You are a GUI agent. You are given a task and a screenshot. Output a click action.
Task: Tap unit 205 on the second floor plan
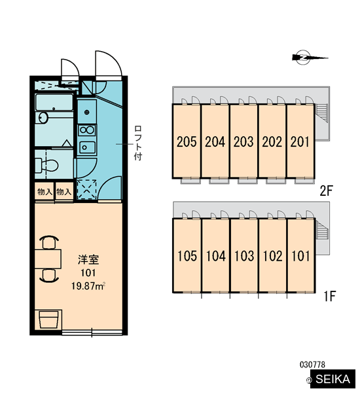tap(187, 141)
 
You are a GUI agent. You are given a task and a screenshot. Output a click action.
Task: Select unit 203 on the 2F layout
tap(243, 141)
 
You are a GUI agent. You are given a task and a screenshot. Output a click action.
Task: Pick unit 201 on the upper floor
tap(300, 141)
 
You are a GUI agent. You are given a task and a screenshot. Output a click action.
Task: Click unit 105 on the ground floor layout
tap(187, 255)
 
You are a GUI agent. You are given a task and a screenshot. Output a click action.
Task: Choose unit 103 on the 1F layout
tap(244, 255)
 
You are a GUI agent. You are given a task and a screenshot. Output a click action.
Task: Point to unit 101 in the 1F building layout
tap(301, 255)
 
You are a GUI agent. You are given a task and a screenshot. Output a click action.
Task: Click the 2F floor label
tap(326, 191)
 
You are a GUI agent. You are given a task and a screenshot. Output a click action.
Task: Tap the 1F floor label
tap(329, 297)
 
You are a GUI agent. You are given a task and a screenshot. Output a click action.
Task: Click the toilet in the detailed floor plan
tap(46, 165)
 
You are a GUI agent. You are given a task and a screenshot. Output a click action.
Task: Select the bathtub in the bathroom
tap(54, 102)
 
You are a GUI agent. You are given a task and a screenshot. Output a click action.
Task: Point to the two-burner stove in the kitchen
tap(86, 130)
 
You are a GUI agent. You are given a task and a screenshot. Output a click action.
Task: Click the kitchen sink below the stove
tap(87, 147)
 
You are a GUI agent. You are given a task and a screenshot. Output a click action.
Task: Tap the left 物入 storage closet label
tap(45, 192)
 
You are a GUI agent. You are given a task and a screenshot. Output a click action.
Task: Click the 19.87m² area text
tap(88, 286)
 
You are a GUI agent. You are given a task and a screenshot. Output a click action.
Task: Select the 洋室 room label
tap(88, 259)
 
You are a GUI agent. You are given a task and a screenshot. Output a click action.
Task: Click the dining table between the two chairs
tap(48, 259)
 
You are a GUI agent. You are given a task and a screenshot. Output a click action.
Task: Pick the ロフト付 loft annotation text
tap(138, 143)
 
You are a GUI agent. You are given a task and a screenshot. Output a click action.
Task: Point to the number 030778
tap(312, 364)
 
